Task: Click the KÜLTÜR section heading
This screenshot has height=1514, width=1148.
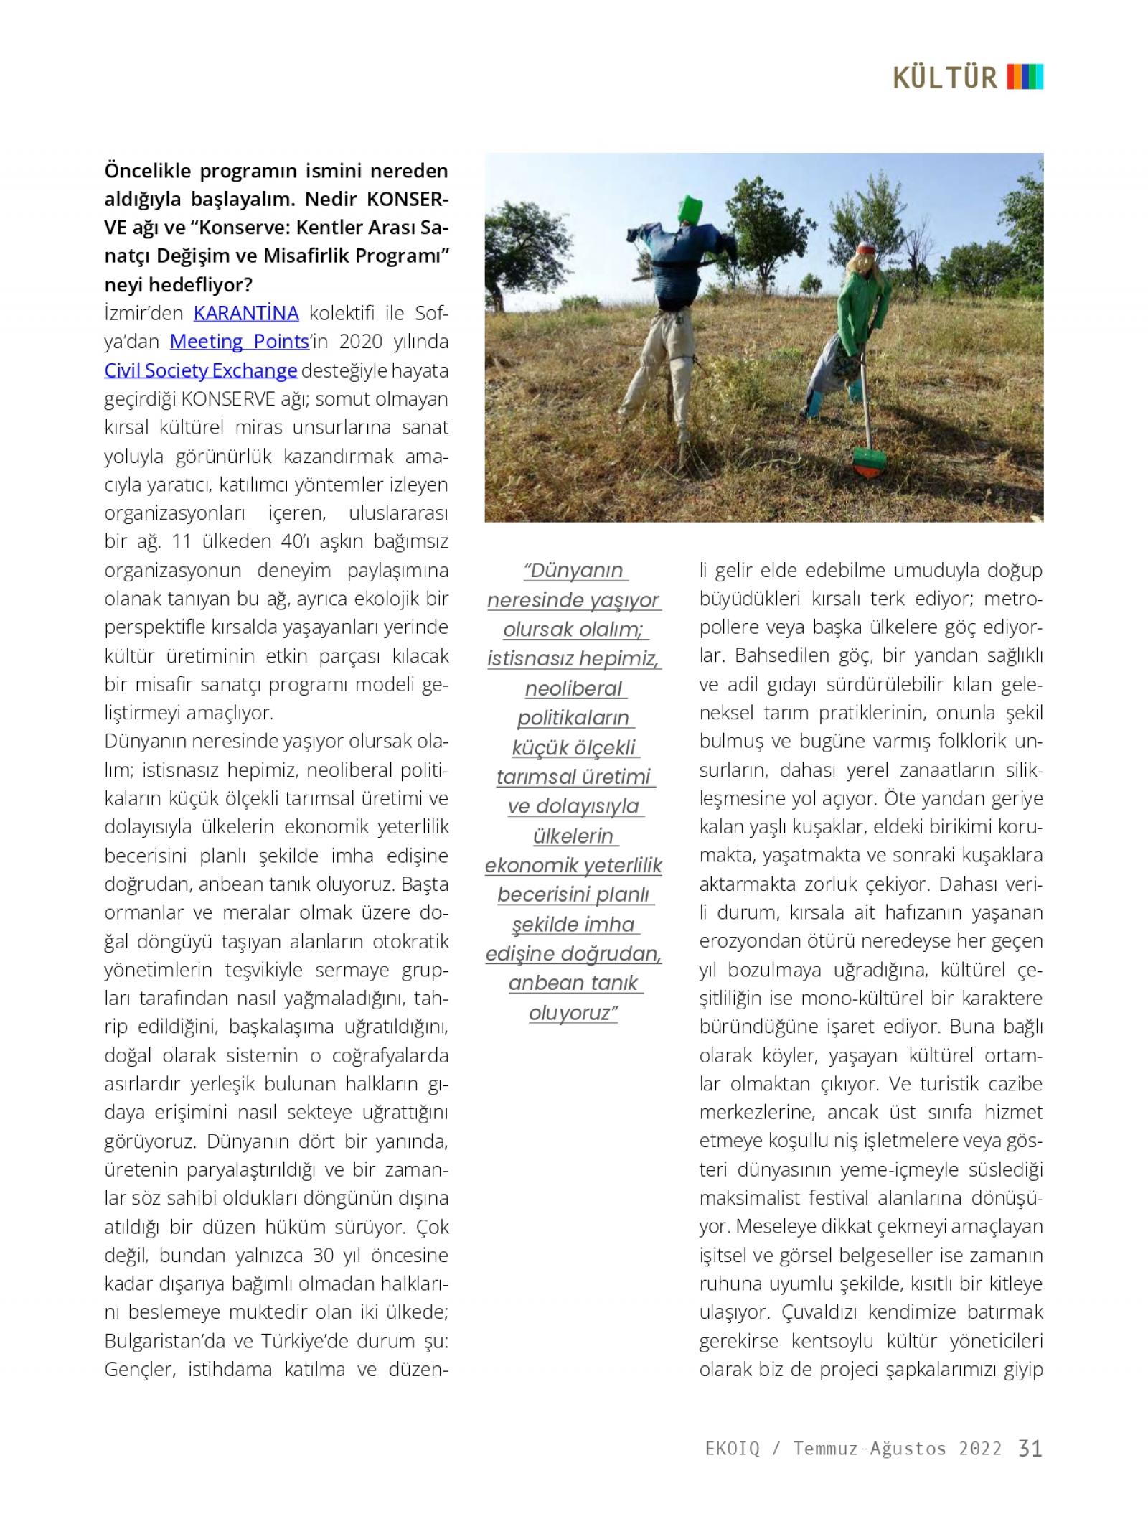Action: pos(945,77)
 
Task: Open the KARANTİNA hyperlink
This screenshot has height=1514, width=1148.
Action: pos(246,314)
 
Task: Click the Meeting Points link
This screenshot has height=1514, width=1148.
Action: pos(239,342)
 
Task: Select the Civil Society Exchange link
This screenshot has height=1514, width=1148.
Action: pos(200,370)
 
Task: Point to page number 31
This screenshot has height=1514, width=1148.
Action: pos(1030,1448)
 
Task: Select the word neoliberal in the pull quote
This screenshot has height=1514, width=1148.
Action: pos(573,688)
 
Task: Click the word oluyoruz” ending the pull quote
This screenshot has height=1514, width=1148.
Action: pos(573,1013)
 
